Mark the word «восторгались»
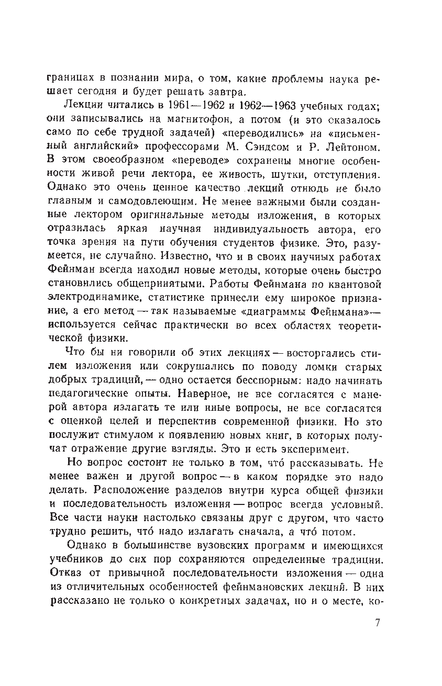tap(315, 353)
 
